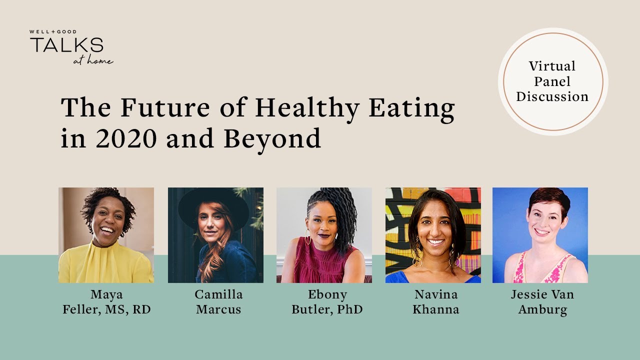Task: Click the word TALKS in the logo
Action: tap(66, 45)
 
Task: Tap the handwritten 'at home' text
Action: tap(93, 61)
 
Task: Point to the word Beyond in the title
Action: tap(272, 139)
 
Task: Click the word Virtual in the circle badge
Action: tap(552, 66)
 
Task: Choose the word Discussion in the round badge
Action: tap(552, 96)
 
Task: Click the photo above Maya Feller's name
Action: tap(106, 235)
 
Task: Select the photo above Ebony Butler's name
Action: tap(324, 235)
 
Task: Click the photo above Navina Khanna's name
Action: tap(433, 235)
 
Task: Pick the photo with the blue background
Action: tap(540, 235)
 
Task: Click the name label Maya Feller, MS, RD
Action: tap(106, 302)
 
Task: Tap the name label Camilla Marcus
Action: tap(218, 302)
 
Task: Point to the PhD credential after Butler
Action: tap(349, 309)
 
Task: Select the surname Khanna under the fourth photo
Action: tap(435, 309)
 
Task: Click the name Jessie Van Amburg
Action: tap(542, 302)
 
